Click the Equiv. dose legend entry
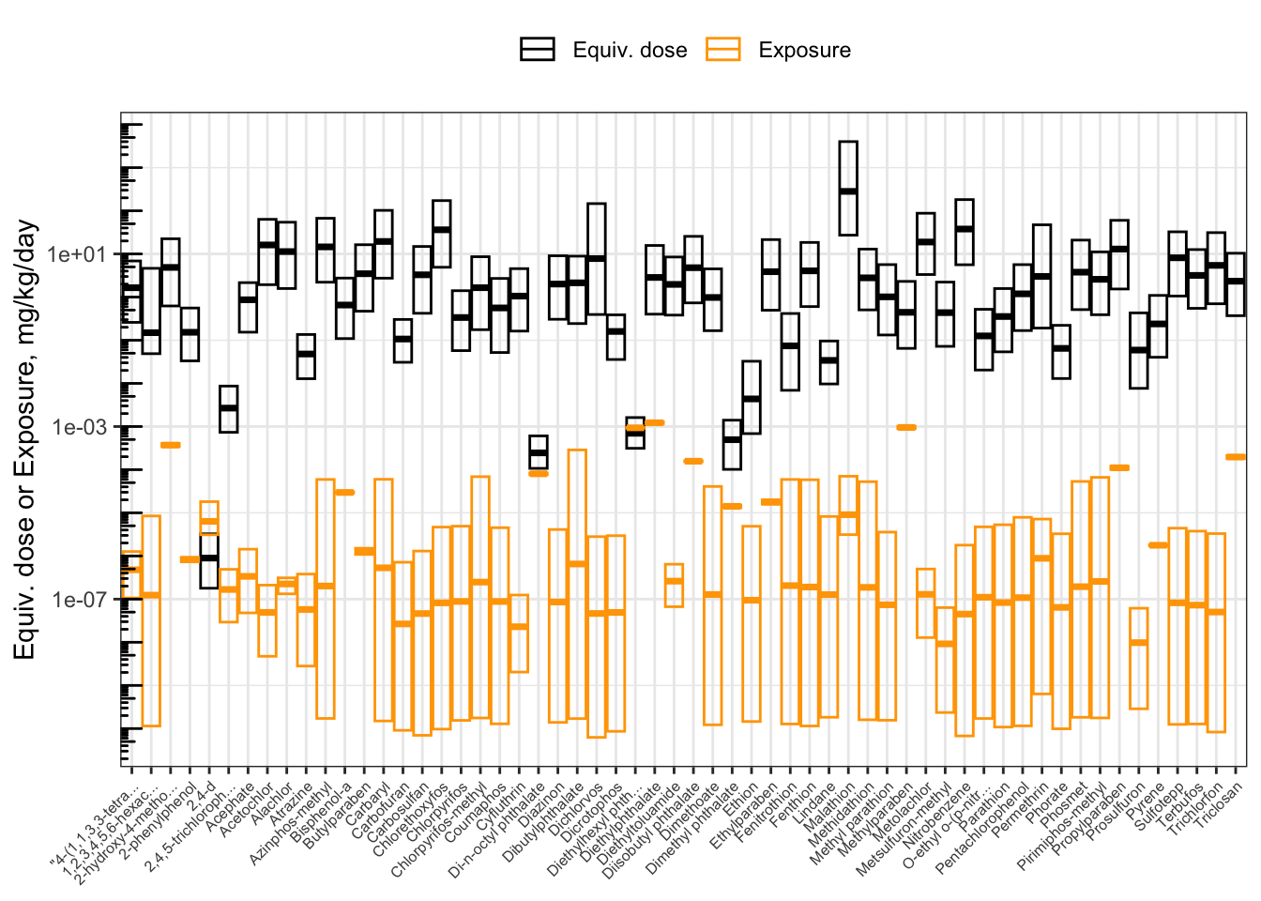[x=604, y=51]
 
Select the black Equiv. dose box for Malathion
[x=848, y=189]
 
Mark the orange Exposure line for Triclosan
[x=1236, y=457]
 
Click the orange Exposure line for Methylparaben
[x=906, y=428]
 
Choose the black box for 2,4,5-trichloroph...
[x=229, y=409]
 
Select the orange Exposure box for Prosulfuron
[x=1139, y=658]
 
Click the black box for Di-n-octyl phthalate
[x=539, y=451]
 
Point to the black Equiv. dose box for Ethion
[x=752, y=397]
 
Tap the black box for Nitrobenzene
[x=965, y=232]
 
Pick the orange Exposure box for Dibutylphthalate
[x=577, y=584]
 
